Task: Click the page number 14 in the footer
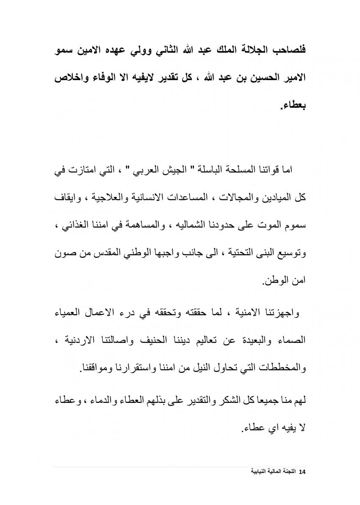pos(302,472)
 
